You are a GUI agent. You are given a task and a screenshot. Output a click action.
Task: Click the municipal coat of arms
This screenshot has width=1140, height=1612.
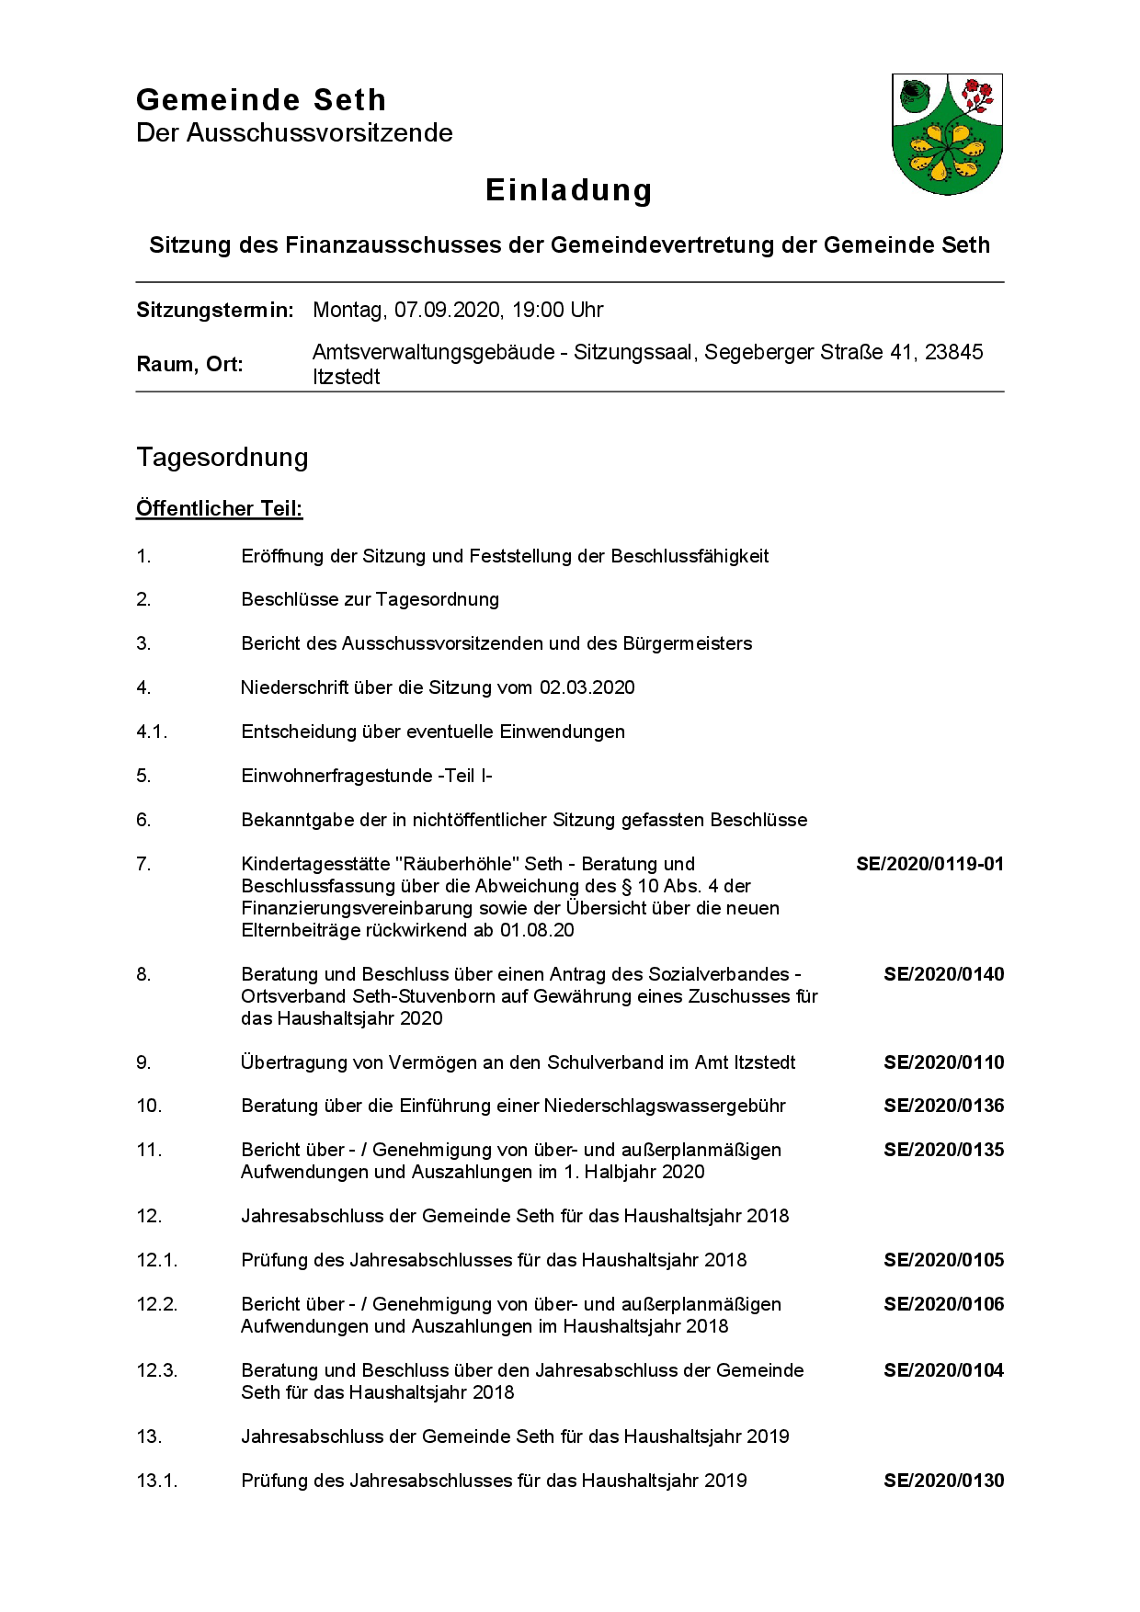(x=947, y=134)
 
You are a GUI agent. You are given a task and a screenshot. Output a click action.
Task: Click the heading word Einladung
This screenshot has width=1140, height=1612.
(x=569, y=190)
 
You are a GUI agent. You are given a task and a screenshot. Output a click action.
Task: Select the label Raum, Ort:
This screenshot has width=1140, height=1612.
(x=189, y=365)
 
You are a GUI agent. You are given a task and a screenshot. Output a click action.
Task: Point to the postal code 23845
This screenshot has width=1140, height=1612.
(x=953, y=353)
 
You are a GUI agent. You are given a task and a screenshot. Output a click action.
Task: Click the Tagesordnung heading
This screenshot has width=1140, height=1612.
(x=222, y=458)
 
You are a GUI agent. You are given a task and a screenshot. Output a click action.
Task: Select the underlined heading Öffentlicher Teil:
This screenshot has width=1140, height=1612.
(x=219, y=509)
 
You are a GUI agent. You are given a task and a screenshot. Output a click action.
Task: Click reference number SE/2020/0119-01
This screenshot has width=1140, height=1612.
(x=929, y=864)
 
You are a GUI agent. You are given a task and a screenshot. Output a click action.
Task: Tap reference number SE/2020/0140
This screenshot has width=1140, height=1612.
(x=943, y=974)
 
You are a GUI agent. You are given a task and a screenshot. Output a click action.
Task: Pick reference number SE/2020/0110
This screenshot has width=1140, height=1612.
(x=943, y=1062)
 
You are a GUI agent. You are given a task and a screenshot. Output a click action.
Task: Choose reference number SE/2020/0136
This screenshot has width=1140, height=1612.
(x=943, y=1106)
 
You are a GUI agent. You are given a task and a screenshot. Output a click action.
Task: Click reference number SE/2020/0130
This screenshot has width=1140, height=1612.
(x=943, y=1481)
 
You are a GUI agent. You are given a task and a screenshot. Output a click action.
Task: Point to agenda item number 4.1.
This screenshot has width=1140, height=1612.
(x=152, y=732)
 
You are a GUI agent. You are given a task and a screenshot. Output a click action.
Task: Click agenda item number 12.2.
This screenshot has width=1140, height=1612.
(x=156, y=1304)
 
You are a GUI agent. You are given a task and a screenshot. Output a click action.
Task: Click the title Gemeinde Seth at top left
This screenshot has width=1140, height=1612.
(x=261, y=100)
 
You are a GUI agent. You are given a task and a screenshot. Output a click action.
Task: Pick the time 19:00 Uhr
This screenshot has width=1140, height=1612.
(x=557, y=311)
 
